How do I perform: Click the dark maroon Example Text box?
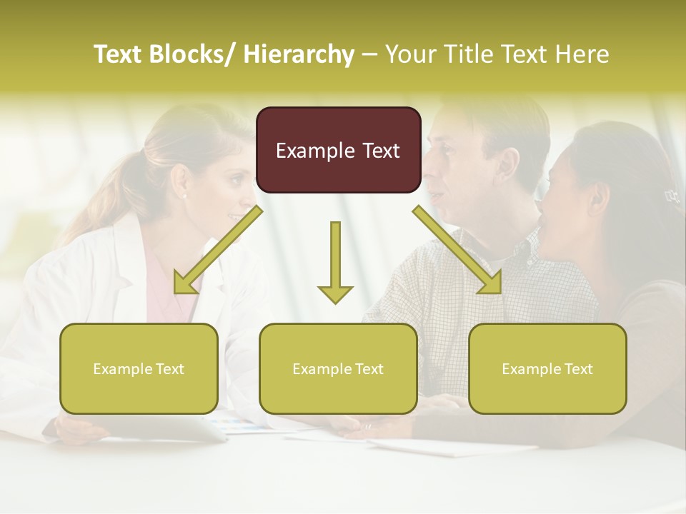(x=338, y=150)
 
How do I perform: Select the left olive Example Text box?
(x=139, y=368)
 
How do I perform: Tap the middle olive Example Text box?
(x=338, y=368)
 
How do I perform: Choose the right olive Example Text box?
(x=547, y=368)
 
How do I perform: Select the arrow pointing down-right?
(x=457, y=250)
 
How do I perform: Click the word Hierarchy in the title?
(x=299, y=54)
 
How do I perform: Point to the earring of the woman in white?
(x=184, y=196)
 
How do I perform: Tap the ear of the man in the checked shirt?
(x=509, y=166)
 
